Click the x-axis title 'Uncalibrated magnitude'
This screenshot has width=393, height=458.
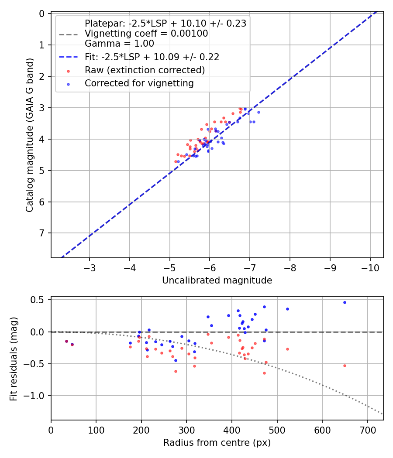[x=217, y=280]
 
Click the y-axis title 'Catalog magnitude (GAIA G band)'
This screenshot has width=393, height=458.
[x=29, y=136]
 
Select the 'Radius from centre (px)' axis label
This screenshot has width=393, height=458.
[x=217, y=443]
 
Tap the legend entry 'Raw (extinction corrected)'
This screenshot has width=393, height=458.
[x=145, y=70]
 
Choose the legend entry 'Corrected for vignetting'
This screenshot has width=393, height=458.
[x=139, y=83]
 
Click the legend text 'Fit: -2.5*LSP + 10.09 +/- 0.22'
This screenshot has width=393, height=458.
[x=152, y=57]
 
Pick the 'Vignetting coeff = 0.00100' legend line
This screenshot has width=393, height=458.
[x=146, y=34]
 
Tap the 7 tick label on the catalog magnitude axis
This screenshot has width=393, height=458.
[x=42, y=233]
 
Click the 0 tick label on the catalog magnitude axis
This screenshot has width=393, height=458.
[x=42, y=14]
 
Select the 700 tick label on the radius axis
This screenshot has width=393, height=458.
[x=367, y=429]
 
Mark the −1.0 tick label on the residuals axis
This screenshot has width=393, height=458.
[x=37, y=396]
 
